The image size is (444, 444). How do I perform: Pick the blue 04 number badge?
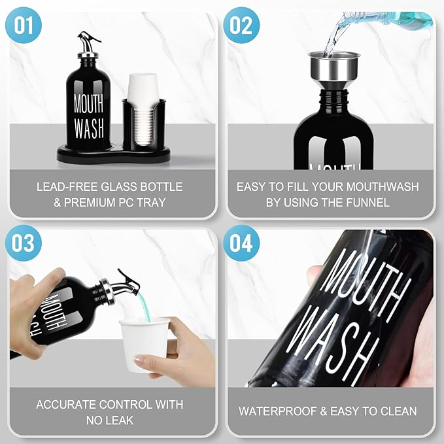point(241,243)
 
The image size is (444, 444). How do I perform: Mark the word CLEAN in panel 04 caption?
point(398,411)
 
